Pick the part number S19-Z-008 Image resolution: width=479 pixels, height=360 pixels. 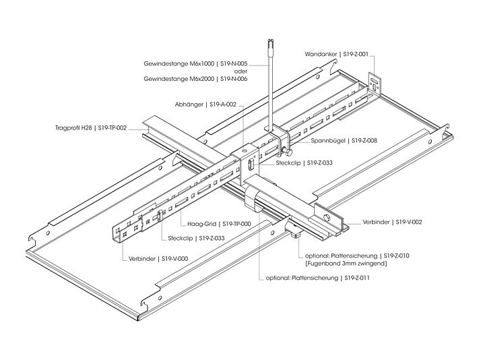click(x=362, y=141)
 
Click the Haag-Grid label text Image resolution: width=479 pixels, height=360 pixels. click(x=201, y=224)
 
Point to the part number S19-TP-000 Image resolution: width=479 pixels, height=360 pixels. click(x=236, y=224)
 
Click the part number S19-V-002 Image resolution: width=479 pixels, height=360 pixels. click(x=408, y=221)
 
